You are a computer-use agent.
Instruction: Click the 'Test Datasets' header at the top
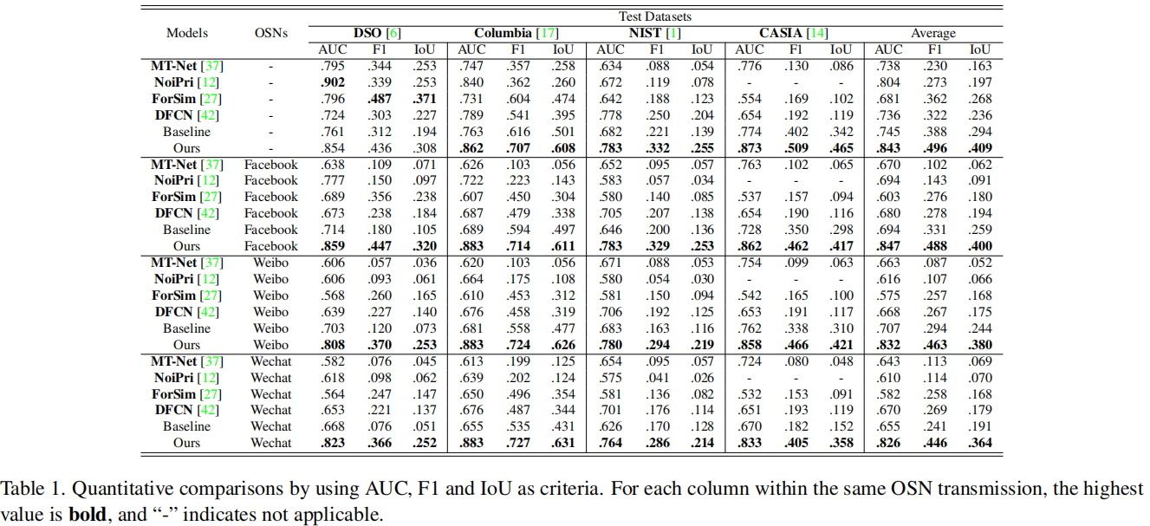pos(655,16)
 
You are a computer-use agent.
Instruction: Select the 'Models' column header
pos(187,33)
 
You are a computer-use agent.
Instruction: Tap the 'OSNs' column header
pos(271,33)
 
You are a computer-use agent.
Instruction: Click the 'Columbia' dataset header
pos(502,33)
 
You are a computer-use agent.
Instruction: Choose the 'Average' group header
pos(932,33)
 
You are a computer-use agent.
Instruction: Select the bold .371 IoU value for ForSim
pos(425,99)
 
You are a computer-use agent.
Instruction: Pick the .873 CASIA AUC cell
pos(749,148)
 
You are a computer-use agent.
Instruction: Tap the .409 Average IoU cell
pos(979,148)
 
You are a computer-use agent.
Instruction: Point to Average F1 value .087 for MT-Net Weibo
pos(932,263)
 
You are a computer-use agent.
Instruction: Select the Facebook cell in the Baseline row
pos(271,230)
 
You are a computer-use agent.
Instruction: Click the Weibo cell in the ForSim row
pos(271,295)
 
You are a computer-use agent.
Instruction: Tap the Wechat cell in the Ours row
pos(271,443)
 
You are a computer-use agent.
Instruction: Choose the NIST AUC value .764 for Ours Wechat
pos(610,443)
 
